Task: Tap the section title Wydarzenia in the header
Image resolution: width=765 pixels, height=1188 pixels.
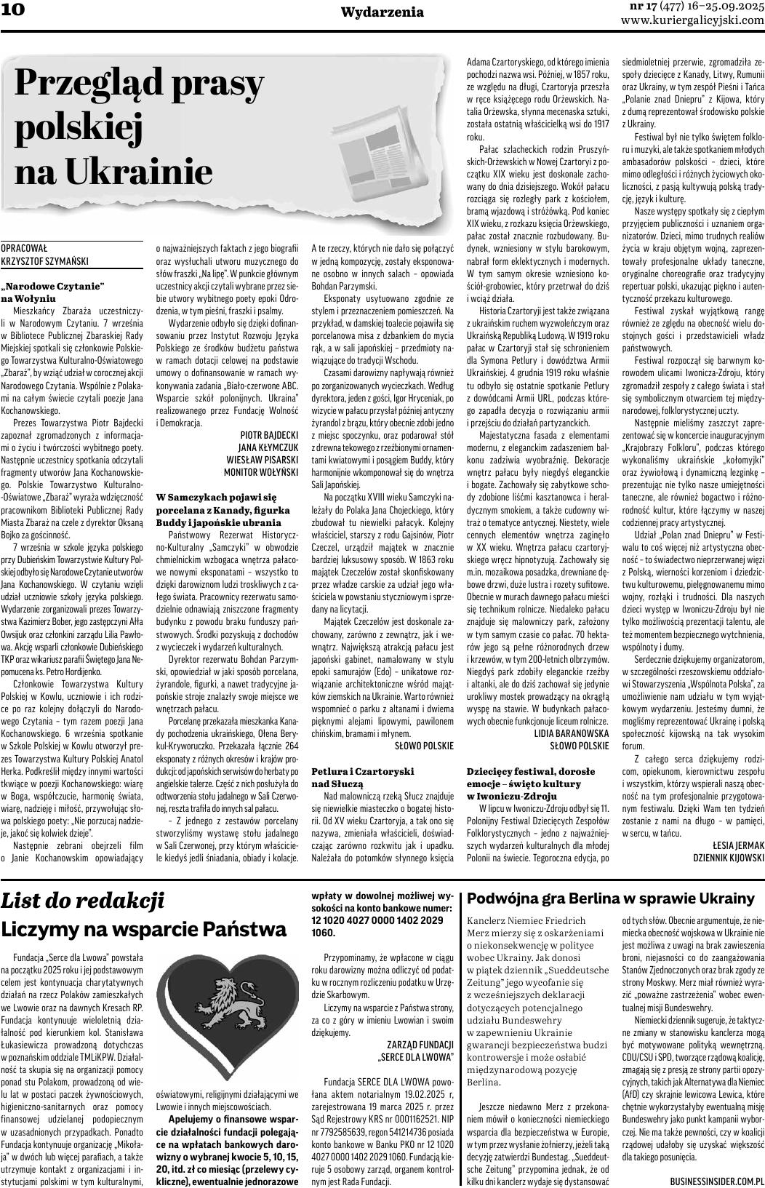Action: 382,12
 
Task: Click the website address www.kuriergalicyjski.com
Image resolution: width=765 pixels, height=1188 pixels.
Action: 692,20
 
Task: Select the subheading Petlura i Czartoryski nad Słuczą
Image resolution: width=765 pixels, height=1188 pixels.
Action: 362,776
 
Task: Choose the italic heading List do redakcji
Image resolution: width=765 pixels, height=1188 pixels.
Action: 82,901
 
